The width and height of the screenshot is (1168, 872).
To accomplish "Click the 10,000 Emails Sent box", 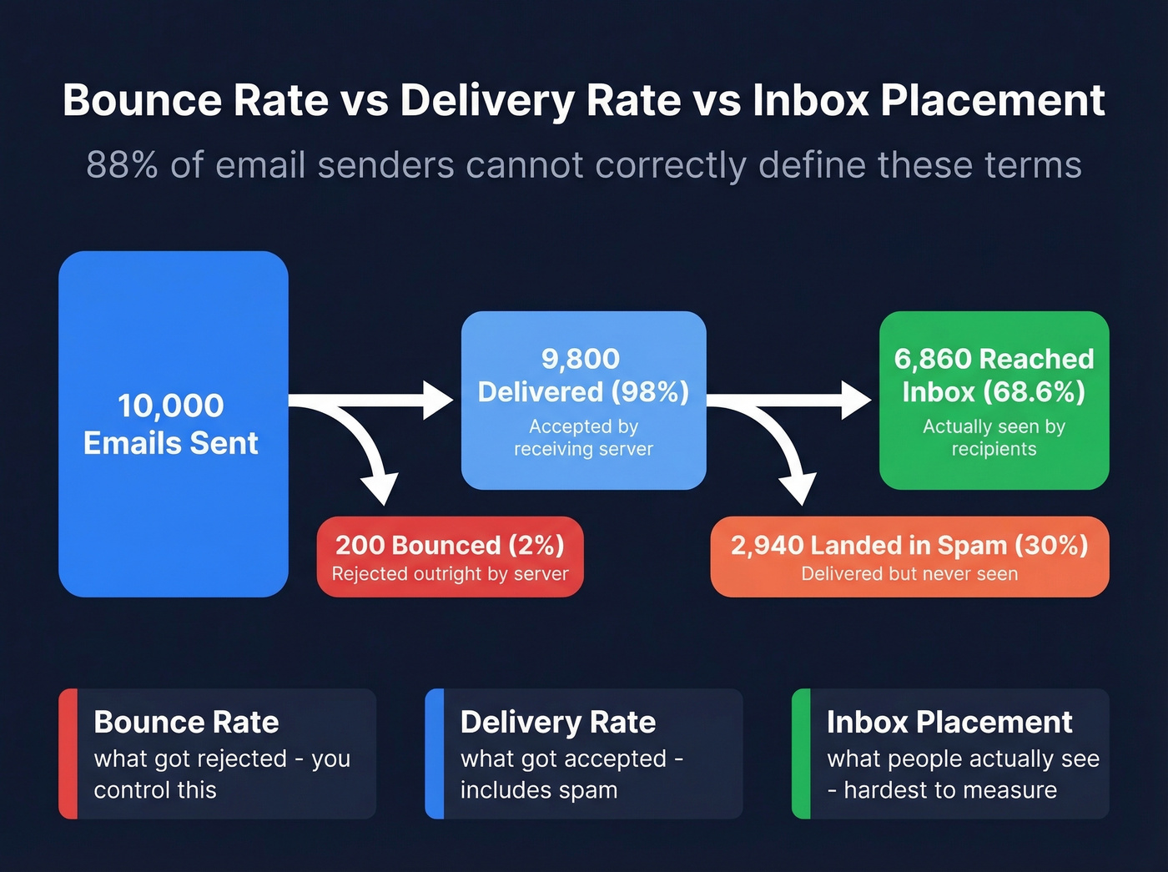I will click(x=173, y=424).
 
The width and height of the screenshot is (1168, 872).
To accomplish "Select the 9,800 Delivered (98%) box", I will click(x=583, y=400).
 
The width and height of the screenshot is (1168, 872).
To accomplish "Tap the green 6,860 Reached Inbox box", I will click(x=994, y=400).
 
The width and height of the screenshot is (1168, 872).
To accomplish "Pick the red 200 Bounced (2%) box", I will click(x=450, y=557).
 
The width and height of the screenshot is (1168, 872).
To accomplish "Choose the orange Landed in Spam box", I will click(x=909, y=557).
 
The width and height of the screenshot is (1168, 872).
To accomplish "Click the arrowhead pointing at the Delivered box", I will click(x=438, y=400).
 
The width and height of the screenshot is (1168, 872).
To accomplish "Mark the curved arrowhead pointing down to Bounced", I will click(x=380, y=488).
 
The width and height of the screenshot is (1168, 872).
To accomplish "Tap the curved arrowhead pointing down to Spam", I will click(x=798, y=488).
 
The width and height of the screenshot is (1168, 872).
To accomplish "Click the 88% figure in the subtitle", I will click(x=122, y=165).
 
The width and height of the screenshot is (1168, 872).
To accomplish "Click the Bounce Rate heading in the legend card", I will click(x=186, y=722).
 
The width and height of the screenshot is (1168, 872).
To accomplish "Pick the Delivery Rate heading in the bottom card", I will click(x=558, y=722).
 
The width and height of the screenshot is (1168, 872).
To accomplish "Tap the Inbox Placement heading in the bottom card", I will click(x=949, y=722).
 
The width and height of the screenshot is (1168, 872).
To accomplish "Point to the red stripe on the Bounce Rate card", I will click(x=68, y=754).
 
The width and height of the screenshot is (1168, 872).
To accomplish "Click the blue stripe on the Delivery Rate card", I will click(x=434, y=754).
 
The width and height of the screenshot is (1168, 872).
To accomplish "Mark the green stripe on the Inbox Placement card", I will click(x=801, y=754).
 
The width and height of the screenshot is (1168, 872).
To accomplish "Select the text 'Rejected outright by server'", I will click(x=450, y=574).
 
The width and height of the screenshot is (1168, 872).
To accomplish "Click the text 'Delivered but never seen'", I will click(x=909, y=574).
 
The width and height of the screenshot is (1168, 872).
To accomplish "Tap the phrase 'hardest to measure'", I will click(x=950, y=790).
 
